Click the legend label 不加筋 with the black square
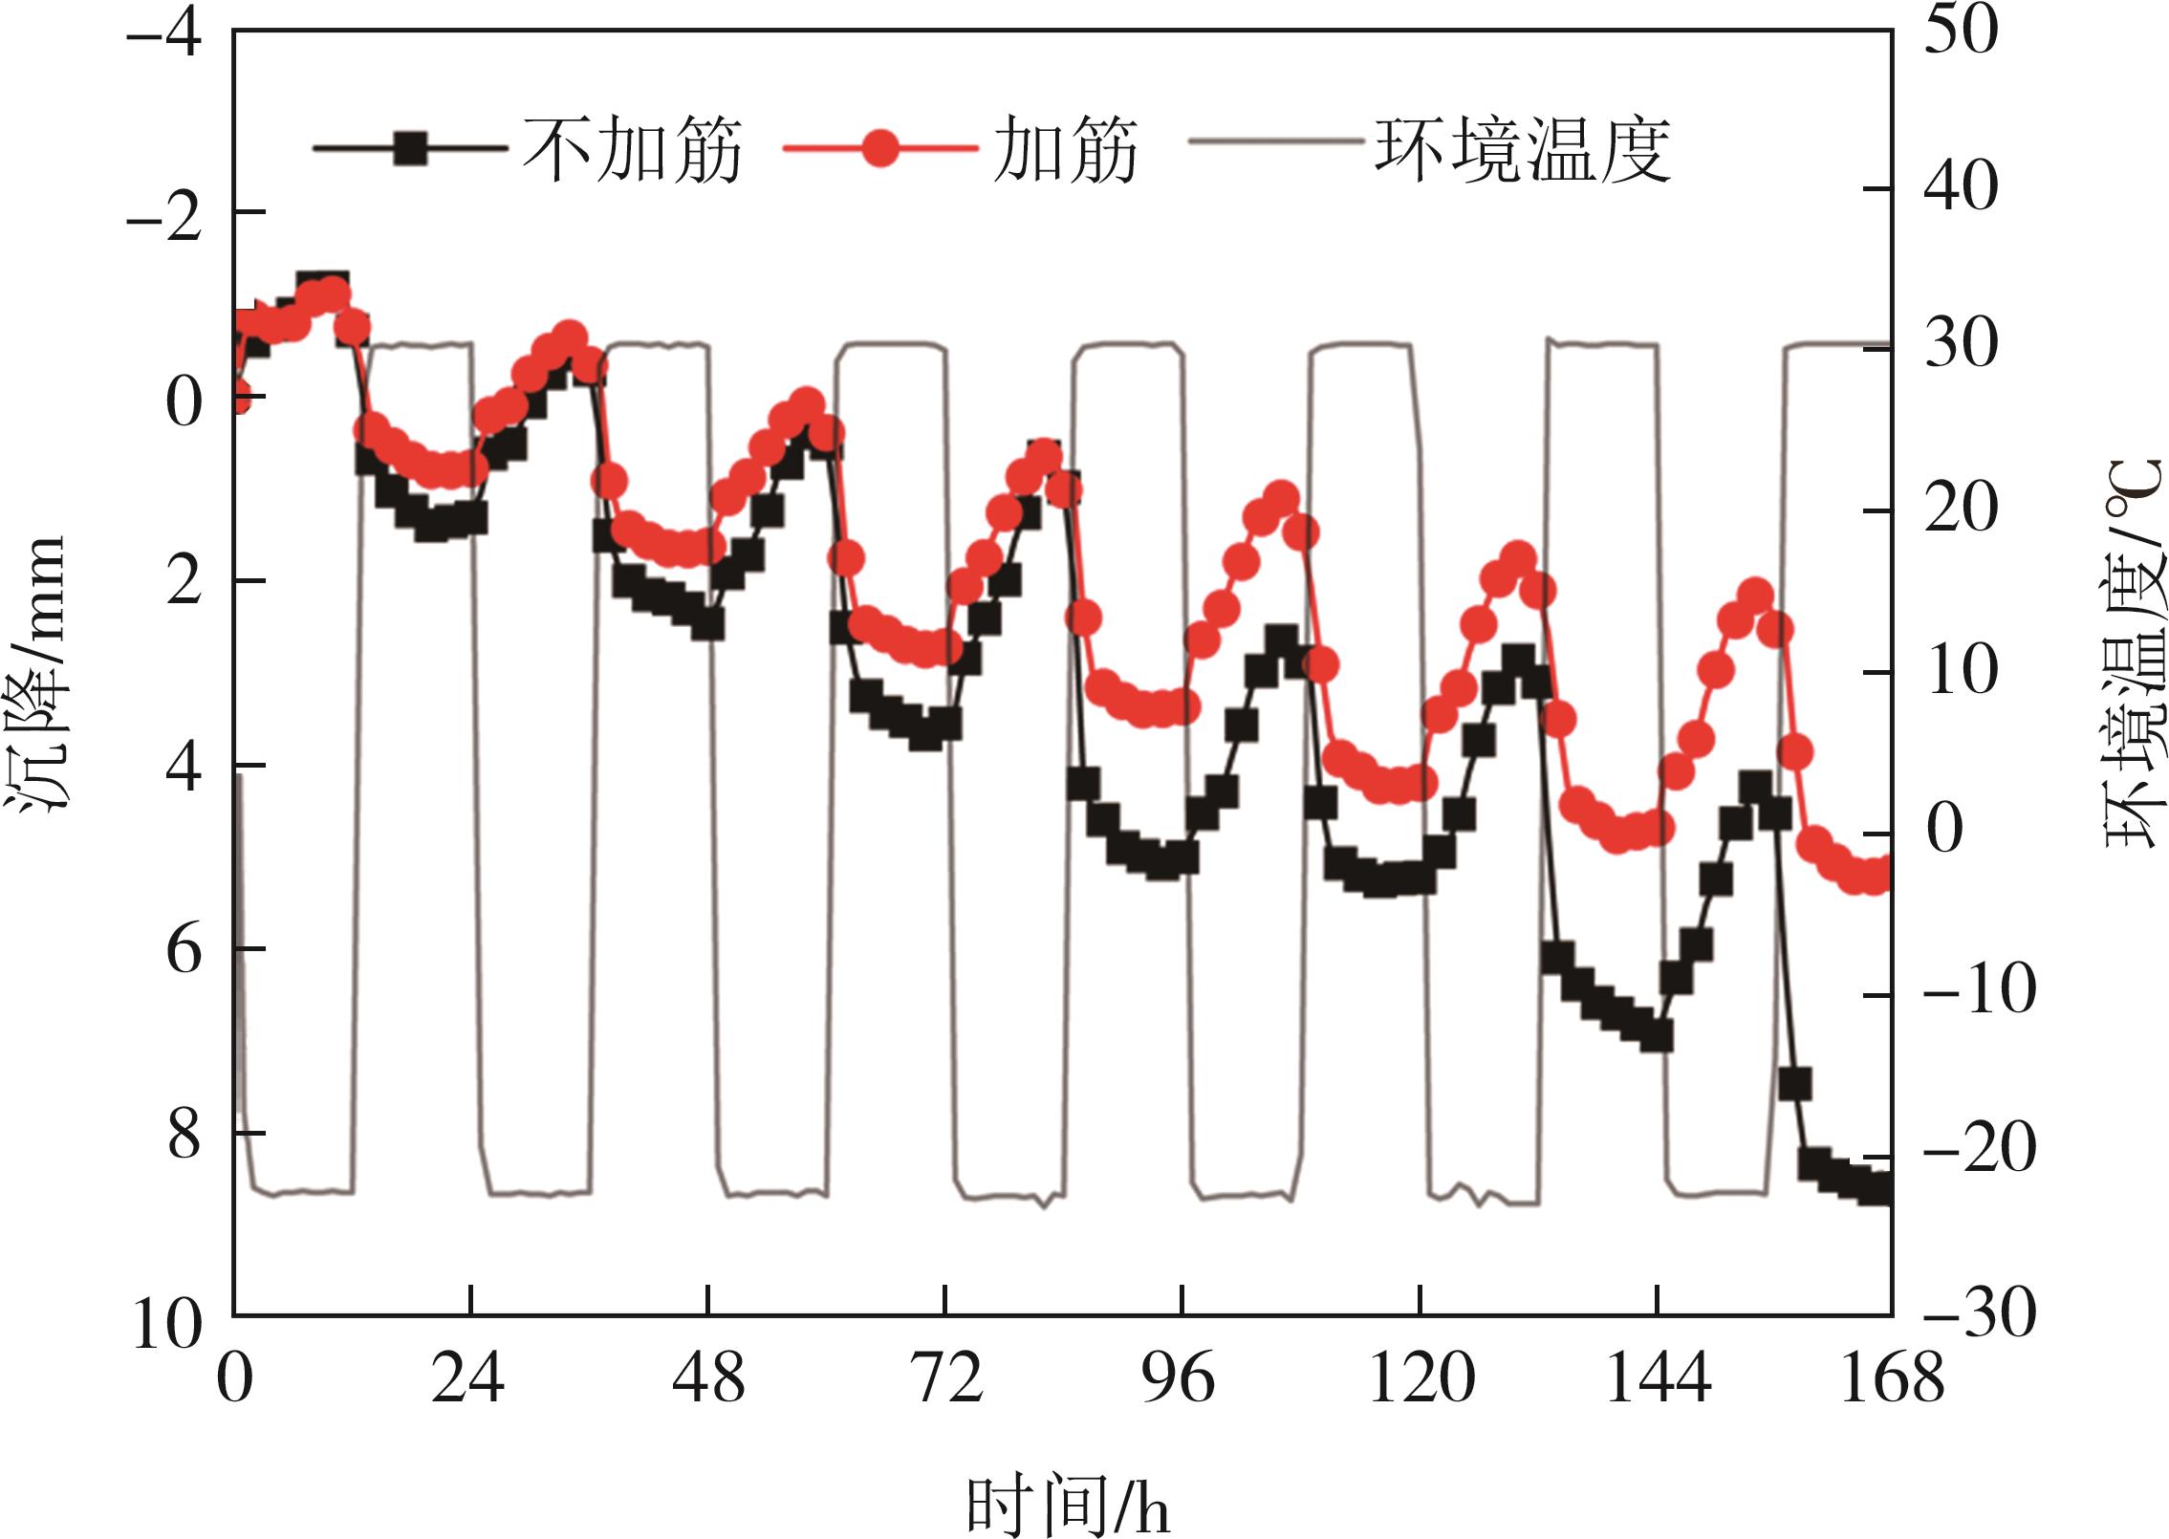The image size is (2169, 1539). point(632,151)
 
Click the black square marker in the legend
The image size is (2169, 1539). point(411,149)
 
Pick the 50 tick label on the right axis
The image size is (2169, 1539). point(1961,33)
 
